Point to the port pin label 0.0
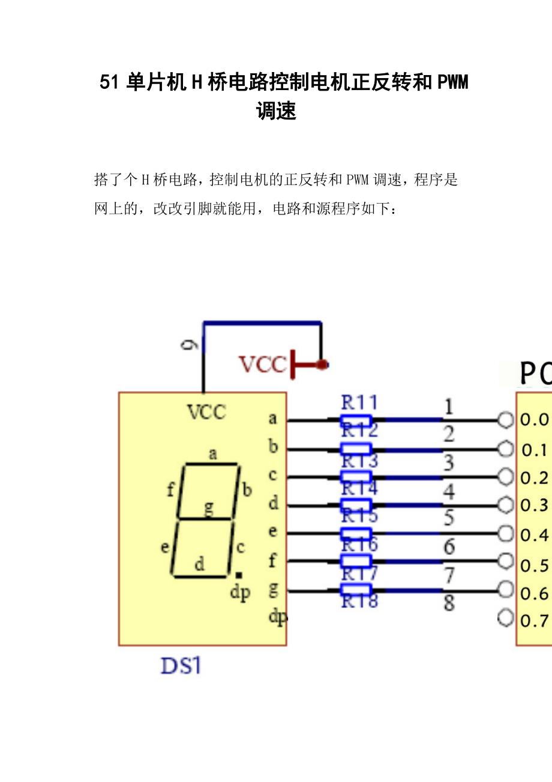click(534, 420)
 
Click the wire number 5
click(449, 518)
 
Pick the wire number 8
click(449, 603)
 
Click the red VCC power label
click(263, 365)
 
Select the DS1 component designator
click(181, 666)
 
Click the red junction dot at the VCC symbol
click(322, 364)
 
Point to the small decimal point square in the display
click(238, 575)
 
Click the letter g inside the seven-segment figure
click(209, 509)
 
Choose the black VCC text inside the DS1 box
click(207, 412)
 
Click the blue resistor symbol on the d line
click(356, 505)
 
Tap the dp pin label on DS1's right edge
click(277, 617)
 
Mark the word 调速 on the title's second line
click(277, 111)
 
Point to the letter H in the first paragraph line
click(145, 180)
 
